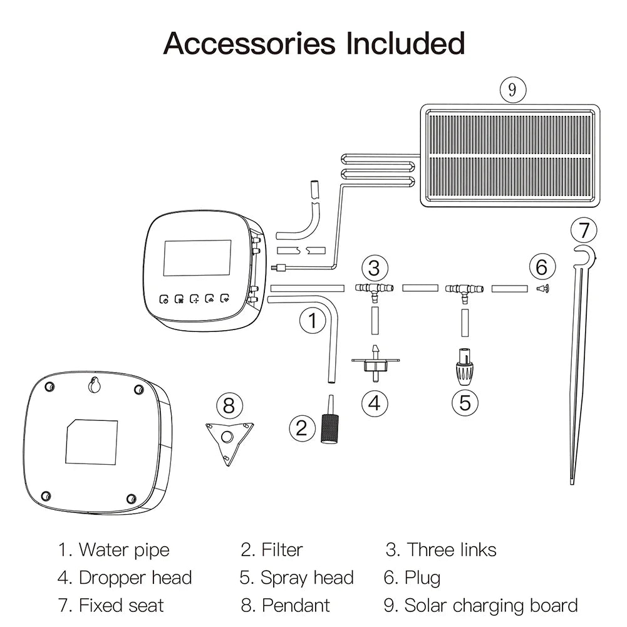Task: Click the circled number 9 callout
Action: point(512,90)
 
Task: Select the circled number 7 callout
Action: point(584,231)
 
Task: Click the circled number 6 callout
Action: point(542,267)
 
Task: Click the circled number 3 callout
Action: point(374,268)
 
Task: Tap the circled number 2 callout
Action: point(302,428)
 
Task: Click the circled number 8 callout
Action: point(229,405)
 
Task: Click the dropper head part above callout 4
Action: point(375,363)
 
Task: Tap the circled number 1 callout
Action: point(312,322)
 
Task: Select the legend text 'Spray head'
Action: point(307,578)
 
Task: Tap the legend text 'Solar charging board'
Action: point(490,606)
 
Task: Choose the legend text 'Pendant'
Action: point(296,606)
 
